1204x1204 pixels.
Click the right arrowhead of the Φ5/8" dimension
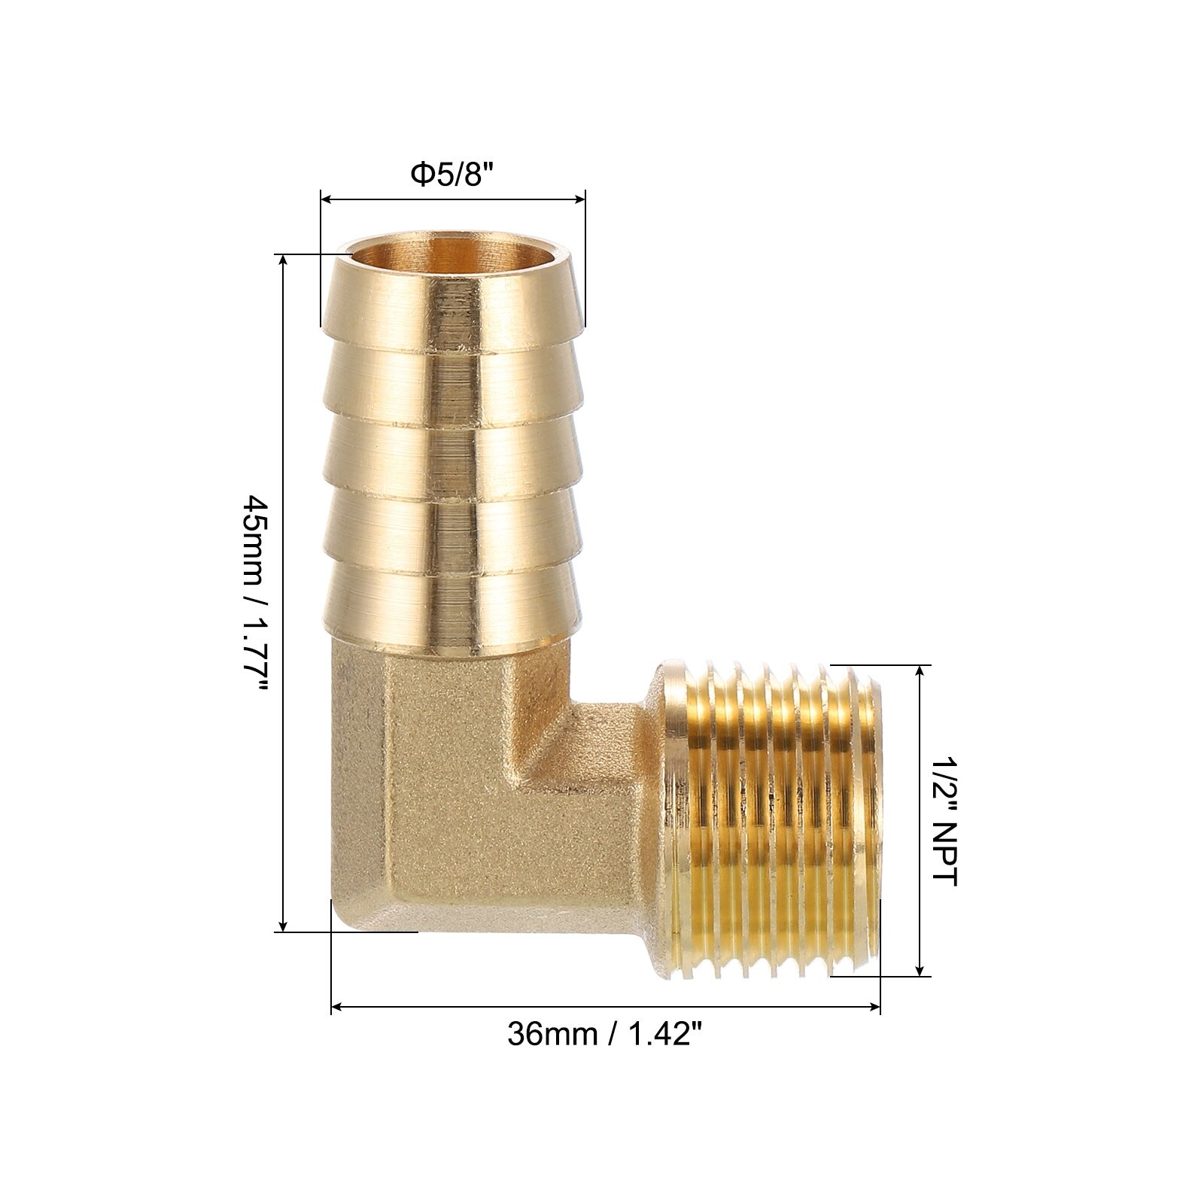pos(579,199)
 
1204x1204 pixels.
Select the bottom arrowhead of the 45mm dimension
pos(283,925)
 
